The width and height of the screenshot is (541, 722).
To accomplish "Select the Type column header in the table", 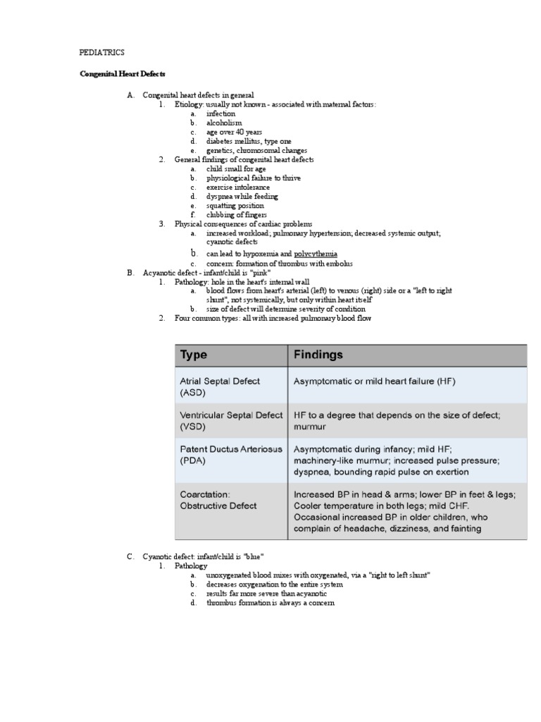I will click(194, 355).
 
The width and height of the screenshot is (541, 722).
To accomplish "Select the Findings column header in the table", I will click(318, 355).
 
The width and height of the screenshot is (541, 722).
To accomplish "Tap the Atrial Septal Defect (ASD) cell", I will click(220, 386).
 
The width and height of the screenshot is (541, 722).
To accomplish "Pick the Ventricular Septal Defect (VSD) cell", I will click(231, 421).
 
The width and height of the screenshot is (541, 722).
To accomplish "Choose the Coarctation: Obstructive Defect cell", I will click(218, 500).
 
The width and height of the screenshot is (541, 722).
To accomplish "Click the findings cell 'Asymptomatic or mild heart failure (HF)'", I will click(374, 381).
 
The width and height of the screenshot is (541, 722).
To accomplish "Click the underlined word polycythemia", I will click(316, 254).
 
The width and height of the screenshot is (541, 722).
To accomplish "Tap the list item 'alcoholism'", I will click(223, 123).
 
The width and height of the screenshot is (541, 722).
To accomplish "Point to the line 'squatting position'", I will click(235, 206).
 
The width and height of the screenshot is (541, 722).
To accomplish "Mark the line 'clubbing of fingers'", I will click(236, 215).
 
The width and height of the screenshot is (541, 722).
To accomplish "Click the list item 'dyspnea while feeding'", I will click(242, 197).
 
